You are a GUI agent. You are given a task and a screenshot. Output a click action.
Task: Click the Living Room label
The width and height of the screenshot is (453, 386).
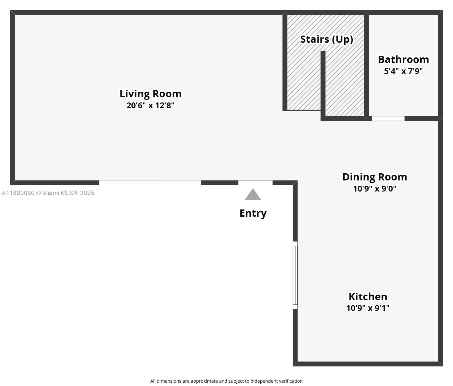click(150, 94)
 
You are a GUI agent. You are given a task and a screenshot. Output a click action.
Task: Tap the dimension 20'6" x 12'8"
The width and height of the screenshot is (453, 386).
click(150, 105)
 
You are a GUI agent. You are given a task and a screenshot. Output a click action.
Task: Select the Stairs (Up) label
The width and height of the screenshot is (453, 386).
click(327, 39)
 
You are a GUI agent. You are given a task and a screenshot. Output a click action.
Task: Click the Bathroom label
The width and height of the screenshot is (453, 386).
click(403, 60)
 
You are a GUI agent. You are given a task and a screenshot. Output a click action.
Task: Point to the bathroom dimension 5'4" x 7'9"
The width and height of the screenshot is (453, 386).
click(403, 71)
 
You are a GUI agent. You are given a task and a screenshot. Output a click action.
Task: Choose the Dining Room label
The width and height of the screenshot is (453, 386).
click(375, 177)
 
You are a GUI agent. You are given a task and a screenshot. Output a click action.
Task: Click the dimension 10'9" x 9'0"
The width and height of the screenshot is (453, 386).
click(375, 189)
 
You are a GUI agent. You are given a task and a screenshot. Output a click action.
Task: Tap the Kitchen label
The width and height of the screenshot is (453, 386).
click(368, 297)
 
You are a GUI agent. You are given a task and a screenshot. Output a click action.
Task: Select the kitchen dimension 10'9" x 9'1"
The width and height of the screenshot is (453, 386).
click(368, 308)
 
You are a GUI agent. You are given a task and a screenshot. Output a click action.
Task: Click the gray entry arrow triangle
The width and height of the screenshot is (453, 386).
click(253, 195)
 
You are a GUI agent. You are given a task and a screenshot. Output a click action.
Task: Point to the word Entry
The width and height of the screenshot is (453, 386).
click(253, 213)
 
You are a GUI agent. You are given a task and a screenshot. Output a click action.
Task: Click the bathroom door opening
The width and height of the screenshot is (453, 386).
click(388, 118)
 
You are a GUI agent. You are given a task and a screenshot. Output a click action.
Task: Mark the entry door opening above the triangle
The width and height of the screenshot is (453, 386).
click(255, 183)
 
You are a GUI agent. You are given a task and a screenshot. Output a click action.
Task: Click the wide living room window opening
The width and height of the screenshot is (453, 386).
click(150, 183)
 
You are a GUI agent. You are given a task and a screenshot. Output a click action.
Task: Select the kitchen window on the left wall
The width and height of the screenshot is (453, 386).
click(295, 275)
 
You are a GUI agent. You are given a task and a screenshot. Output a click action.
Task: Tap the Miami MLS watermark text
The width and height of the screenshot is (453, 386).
click(65, 193)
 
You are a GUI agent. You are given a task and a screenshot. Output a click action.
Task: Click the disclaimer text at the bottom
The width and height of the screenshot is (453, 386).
click(226, 381)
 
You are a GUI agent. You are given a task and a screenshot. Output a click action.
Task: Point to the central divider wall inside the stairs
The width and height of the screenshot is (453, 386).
click(323, 85)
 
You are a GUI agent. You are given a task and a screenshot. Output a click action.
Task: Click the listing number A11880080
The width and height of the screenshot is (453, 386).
click(18, 193)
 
